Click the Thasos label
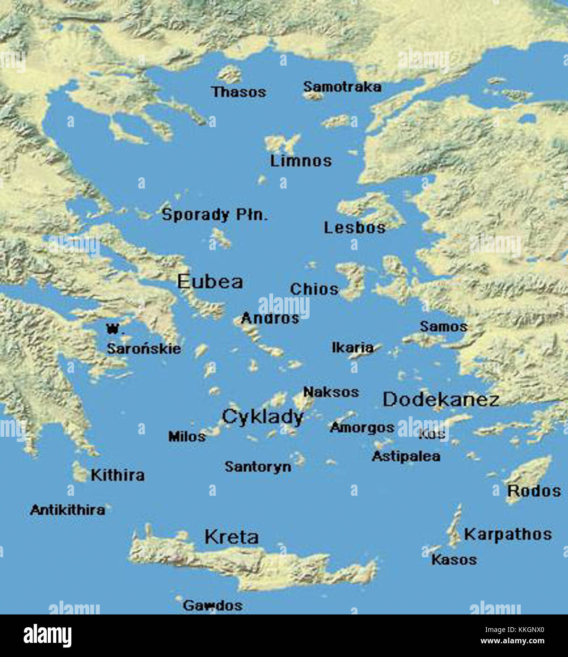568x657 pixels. [239, 92]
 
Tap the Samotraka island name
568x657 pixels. [342, 87]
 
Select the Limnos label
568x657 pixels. [301, 161]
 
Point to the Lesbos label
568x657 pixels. [354, 228]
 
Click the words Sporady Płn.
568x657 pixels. [215, 215]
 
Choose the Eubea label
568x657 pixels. [210, 282]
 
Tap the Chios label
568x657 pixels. [314, 289]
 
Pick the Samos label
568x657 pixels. [444, 326]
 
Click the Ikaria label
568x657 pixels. [353, 347]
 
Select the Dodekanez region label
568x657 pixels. [441, 399]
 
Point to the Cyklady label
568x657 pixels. [262, 417]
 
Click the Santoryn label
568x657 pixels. [258, 467]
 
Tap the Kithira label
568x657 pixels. [118, 475]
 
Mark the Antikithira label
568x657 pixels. [68, 510]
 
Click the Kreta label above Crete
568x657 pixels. [232, 537]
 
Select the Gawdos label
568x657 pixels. [213, 605]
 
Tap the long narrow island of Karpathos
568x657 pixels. [456, 525]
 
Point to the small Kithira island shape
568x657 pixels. [79, 472]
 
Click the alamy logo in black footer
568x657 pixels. [48, 636]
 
